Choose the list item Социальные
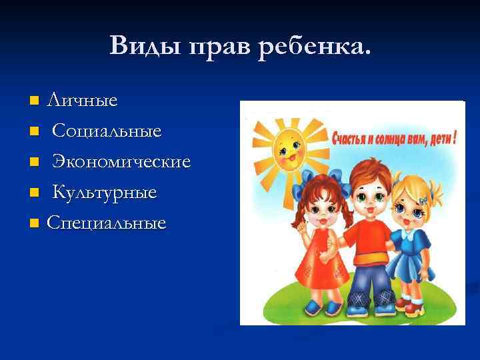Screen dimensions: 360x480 [x=107, y=131]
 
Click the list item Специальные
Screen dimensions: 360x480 [x=106, y=223]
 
